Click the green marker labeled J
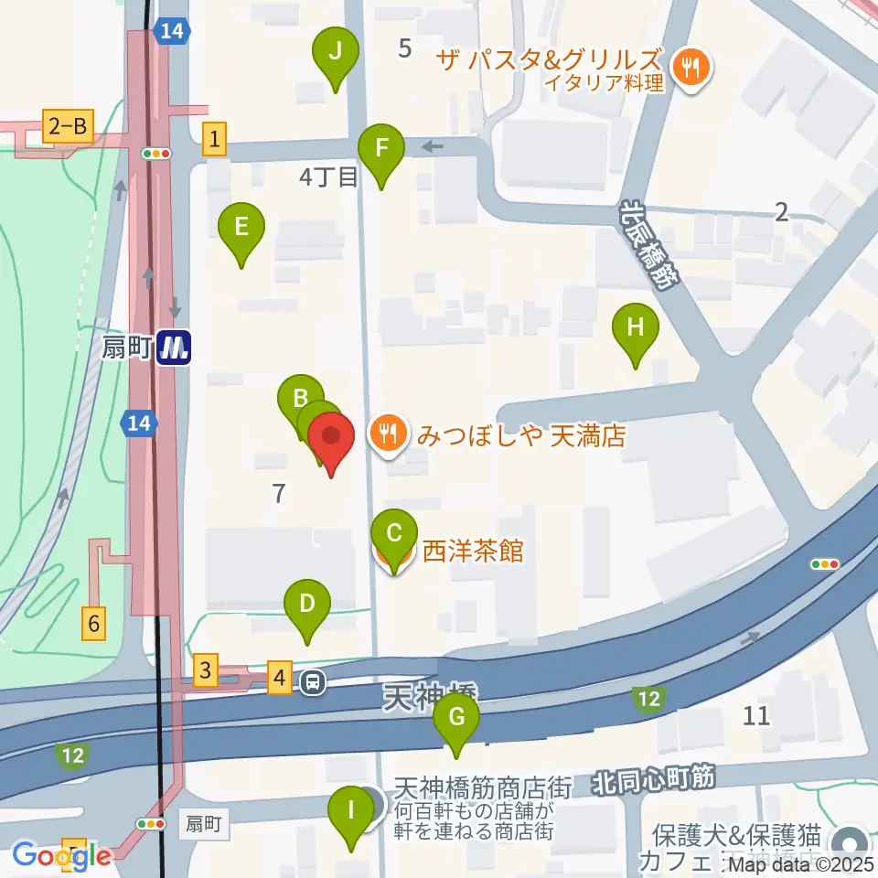pyautogui.click(x=335, y=52)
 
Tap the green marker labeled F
pyautogui.click(x=380, y=147)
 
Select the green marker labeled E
pyautogui.click(x=241, y=226)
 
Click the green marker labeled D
pyautogui.click(x=307, y=604)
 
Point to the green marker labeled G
pyautogui.click(x=456, y=716)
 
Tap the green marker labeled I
pyautogui.click(x=350, y=809)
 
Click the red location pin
pyautogui.click(x=331, y=436)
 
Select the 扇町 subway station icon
pyautogui.click(x=174, y=348)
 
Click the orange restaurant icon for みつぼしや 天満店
pyautogui.click(x=389, y=433)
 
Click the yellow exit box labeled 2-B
pyautogui.click(x=67, y=127)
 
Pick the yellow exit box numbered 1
pyautogui.click(x=214, y=140)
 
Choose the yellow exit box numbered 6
pyautogui.click(x=93, y=624)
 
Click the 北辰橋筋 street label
pyautogui.click(x=650, y=245)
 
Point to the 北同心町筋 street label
pyautogui.click(x=653, y=780)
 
